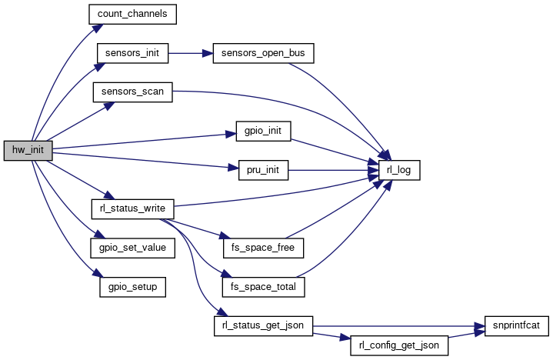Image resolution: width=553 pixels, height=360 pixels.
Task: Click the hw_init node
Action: point(28,151)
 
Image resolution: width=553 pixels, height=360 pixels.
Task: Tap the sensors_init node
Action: point(132,53)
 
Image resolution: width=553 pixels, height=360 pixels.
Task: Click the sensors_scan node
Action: point(132,92)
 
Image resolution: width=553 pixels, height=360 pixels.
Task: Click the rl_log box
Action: point(398,169)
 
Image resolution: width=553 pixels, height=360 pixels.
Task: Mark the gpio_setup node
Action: point(132,286)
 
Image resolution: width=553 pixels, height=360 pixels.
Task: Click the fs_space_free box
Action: point(262,248)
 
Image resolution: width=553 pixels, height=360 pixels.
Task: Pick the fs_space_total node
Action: point(263,286)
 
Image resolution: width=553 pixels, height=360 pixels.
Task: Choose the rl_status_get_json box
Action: point(262,325)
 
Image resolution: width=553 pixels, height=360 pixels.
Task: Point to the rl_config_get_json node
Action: point(398,345)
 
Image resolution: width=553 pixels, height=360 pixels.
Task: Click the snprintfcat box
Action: point(517,325)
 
